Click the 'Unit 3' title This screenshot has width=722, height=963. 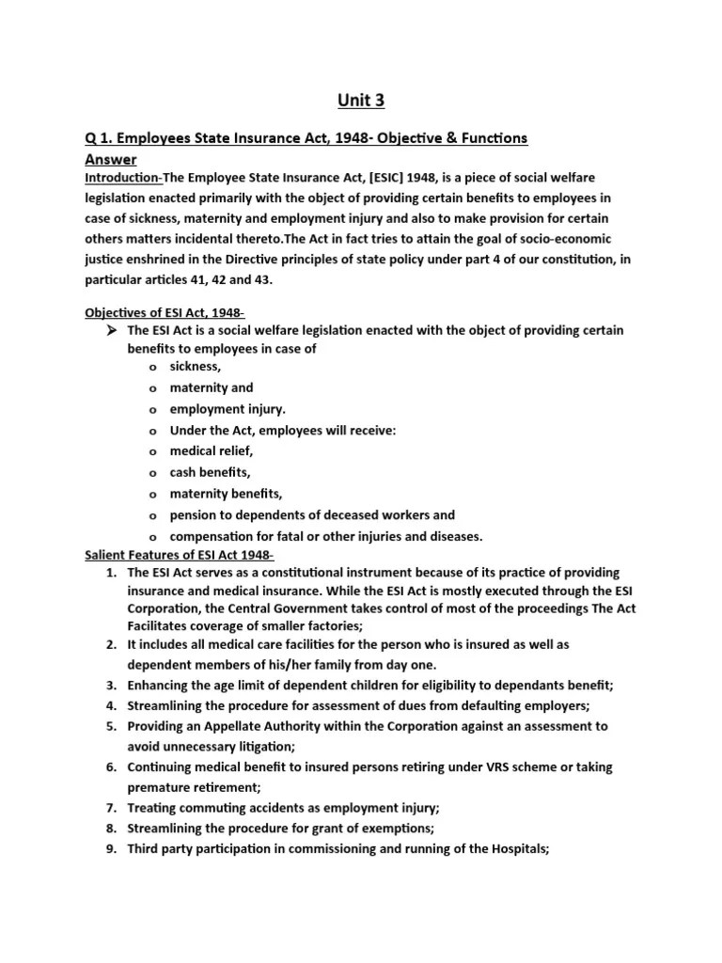click(x=360, y=100)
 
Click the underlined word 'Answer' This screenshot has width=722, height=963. click(x=111, y=159)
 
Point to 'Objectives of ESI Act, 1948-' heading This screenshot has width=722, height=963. click(x=165, y=312)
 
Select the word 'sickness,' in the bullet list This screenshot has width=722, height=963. click(x=196, y=367)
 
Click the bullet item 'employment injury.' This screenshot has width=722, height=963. click(x=228, y=409)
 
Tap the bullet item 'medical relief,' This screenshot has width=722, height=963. click(x=212, y=451)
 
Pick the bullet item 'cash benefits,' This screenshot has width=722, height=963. click(x=211, y=472)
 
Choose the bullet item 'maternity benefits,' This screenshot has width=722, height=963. click(x=226, y=494)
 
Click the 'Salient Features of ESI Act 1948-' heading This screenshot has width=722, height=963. click(x=180, y=555)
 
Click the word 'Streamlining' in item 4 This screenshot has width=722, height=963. click(x=168, y=705)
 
